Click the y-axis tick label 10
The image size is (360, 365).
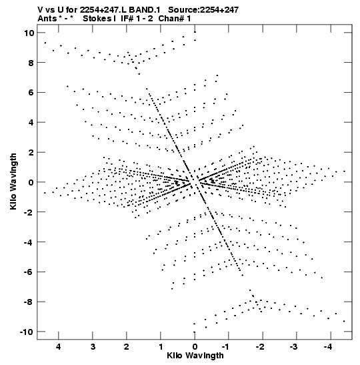29,33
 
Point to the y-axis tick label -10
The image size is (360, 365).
27,332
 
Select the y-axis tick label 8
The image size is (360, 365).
31,63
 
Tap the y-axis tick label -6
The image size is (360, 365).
29,272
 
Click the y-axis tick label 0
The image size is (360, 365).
31,182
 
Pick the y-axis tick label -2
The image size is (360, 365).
29,212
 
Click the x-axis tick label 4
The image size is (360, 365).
59,347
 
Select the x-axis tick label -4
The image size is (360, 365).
327,347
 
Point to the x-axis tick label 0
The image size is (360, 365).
195,347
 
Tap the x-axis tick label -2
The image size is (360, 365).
260,347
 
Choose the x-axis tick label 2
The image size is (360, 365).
127,347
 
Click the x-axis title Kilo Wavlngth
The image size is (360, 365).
195,356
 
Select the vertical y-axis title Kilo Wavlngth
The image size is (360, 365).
13,181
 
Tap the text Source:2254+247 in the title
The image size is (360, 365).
203,10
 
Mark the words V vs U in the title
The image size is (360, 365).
51,10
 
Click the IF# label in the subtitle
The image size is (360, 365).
127,19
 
